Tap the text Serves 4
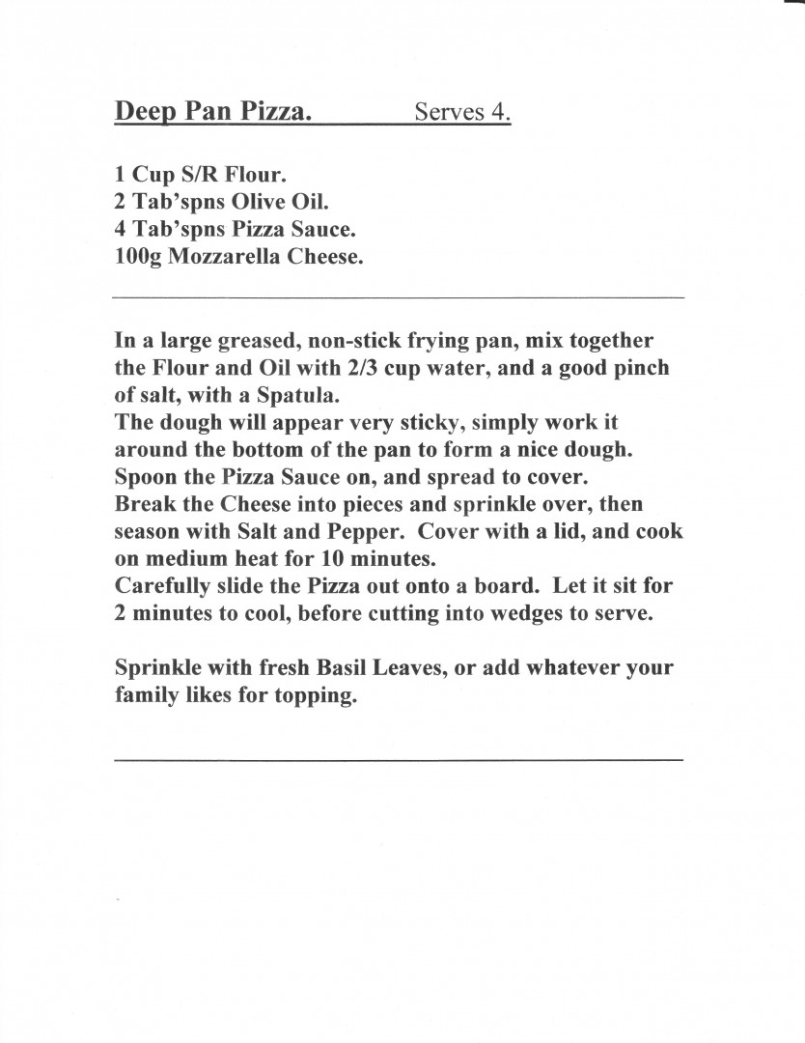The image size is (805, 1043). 462,112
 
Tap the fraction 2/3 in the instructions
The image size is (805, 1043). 334,368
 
